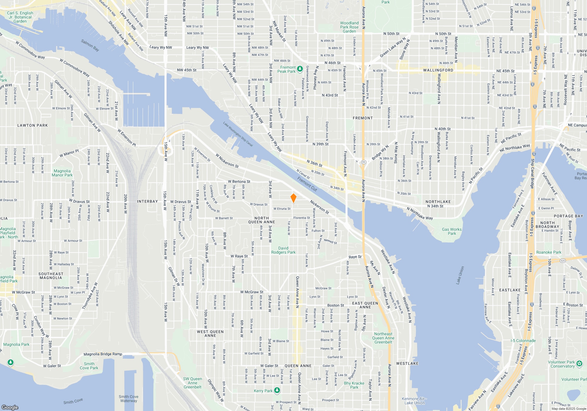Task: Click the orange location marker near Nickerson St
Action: click(x=293, y=198)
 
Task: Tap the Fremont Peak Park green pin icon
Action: click(x=300, y=69)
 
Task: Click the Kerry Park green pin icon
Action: click(x=277, y=390)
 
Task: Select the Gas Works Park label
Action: click(x=452, y=231)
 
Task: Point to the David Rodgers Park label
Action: click(x=283, y=250)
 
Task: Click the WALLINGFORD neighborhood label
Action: click(x=438, y=70)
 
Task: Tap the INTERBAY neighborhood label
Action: click(x=147, y=201)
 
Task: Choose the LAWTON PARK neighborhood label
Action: click(x=32, y=125)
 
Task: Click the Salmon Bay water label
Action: click(x=90, y=45)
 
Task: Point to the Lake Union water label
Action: click(x=460, y=275)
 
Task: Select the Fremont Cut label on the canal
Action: click(x=307, y=184)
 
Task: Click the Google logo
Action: click(x=10, y=407)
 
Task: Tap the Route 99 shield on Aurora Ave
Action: click(x=364, y=162)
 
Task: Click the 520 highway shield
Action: click(x=562, y=261)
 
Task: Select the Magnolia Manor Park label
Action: click(x=62, y=173)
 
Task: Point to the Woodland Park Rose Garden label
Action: click(x=349, y=27)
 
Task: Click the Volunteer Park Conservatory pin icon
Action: click(x=579, y=364)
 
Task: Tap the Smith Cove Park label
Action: click(x=89, y=366)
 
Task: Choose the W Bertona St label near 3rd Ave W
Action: click(x=239, y=182)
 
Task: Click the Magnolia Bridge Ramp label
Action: click(x=103, y=354)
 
